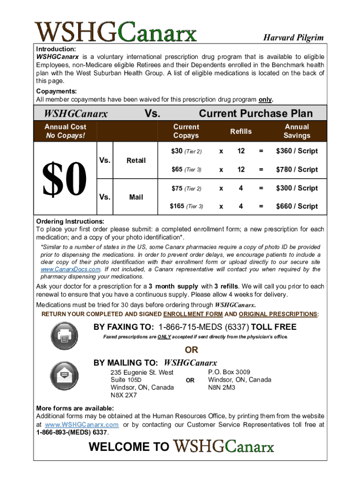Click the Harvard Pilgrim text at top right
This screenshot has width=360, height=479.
point(293,37)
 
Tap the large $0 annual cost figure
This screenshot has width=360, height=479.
point(65,179)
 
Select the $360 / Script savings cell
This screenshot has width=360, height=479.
point(297,151)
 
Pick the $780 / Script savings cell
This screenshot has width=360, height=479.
point(297,169)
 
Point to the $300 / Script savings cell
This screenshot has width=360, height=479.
point(297,188)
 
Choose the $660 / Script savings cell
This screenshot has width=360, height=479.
point(297,206)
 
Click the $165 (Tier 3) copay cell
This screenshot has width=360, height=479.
point(186,206)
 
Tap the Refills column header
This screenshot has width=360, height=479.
point(241,131)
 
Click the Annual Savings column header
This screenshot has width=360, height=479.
point(297,131)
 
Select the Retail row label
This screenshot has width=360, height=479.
point(136,160)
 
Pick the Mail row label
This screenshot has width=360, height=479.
point(136,197)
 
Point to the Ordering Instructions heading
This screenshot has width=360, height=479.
point(70,221)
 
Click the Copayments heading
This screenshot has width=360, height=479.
point(57,92)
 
